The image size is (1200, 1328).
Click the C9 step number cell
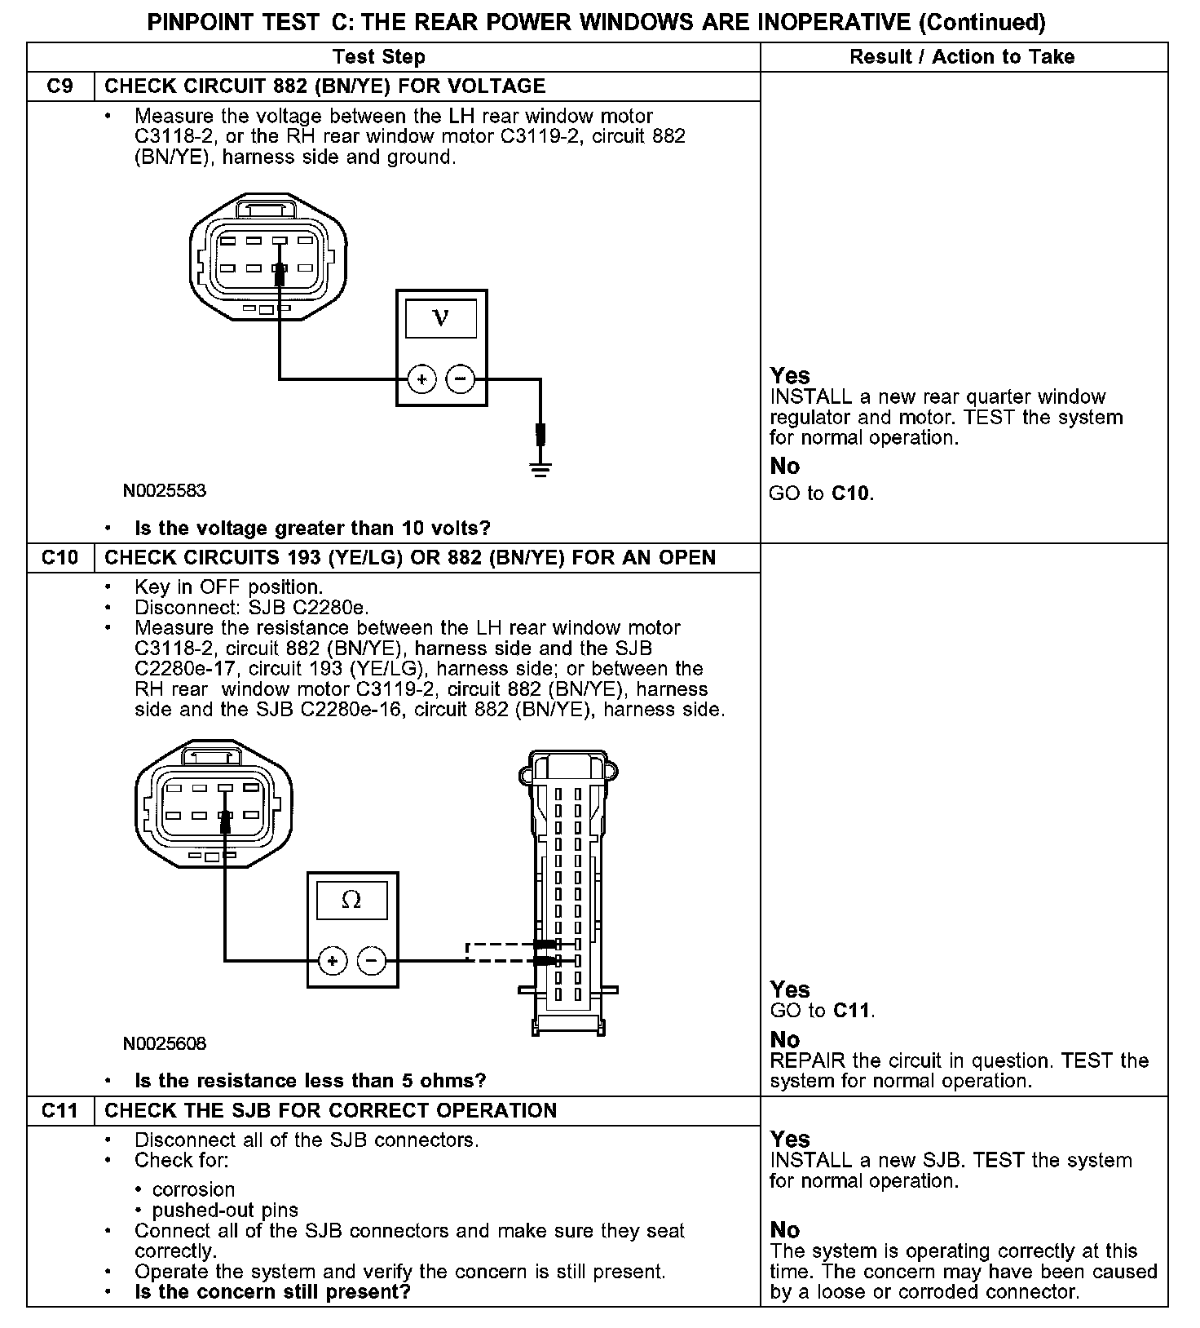pos(60,86)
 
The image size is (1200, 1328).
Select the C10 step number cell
pos(60,558)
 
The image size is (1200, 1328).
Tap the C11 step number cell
pos(60,1111)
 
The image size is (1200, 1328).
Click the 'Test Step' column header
pos(379,57)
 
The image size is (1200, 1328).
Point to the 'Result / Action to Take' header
pos(962,57)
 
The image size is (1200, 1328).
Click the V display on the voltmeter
pos(441,317)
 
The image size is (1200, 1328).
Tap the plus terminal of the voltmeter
pos(422,379)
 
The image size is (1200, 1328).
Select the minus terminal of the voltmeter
pos(461,379)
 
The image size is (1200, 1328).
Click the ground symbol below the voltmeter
pos(540,468)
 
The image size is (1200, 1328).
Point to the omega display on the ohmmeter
pos(351,900)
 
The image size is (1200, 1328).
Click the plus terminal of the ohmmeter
pos(333,961)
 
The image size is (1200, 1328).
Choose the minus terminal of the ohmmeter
pos(372,961)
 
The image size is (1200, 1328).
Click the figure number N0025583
pos(165,491)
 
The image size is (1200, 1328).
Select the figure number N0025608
pos(165,1044)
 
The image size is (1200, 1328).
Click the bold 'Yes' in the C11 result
pos(790,1140)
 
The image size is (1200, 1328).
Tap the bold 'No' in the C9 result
pos(785,467)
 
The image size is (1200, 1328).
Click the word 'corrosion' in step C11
pos(193,1190)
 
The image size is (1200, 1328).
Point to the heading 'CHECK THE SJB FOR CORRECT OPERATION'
pos(331,1111)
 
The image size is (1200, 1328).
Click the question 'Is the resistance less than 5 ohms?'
pos(310,1082)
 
